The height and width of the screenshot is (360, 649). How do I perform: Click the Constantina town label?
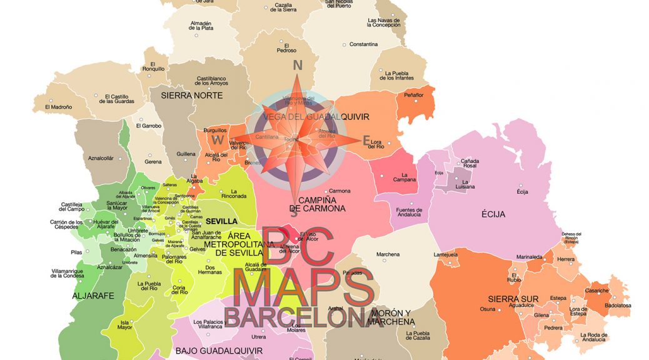click(x=364, y=44)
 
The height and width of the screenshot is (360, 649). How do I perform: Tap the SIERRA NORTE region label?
click(x=192, y=96)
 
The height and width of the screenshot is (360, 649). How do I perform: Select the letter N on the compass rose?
click(x=298, y=65)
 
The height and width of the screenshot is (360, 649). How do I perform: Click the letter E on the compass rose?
click(x=367, y=141)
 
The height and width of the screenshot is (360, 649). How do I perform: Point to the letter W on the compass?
click(x=218, y=139)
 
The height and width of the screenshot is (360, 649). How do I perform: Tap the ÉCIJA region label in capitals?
click(x=493, y=214)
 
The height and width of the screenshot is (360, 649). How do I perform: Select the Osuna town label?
click(x=488, y=309)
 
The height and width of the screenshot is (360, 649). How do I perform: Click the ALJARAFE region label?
click(x=94, y=296)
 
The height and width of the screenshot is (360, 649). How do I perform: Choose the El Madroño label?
click(x=59, y=107)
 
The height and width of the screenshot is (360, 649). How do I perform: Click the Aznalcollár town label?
click(x=101, y=158)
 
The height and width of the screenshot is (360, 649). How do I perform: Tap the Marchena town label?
click(x=388, y=254)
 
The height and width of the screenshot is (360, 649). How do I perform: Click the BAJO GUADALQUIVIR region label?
click(x=213, y=351)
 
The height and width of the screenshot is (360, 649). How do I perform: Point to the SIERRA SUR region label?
click(x=512, y=299)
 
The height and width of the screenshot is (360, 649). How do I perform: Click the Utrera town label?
click(x=258, y=337)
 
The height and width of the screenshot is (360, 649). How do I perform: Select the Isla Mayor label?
click(x=125, y=325)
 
